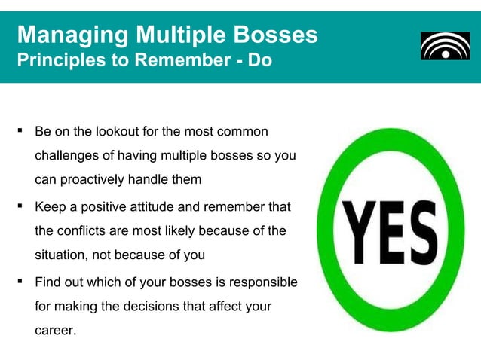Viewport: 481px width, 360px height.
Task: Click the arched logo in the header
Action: pos(445,46)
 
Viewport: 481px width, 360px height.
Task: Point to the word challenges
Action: pos(67,156)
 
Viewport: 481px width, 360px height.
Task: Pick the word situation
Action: pos(61,255)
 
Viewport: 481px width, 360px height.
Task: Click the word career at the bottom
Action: pos(55,331)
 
